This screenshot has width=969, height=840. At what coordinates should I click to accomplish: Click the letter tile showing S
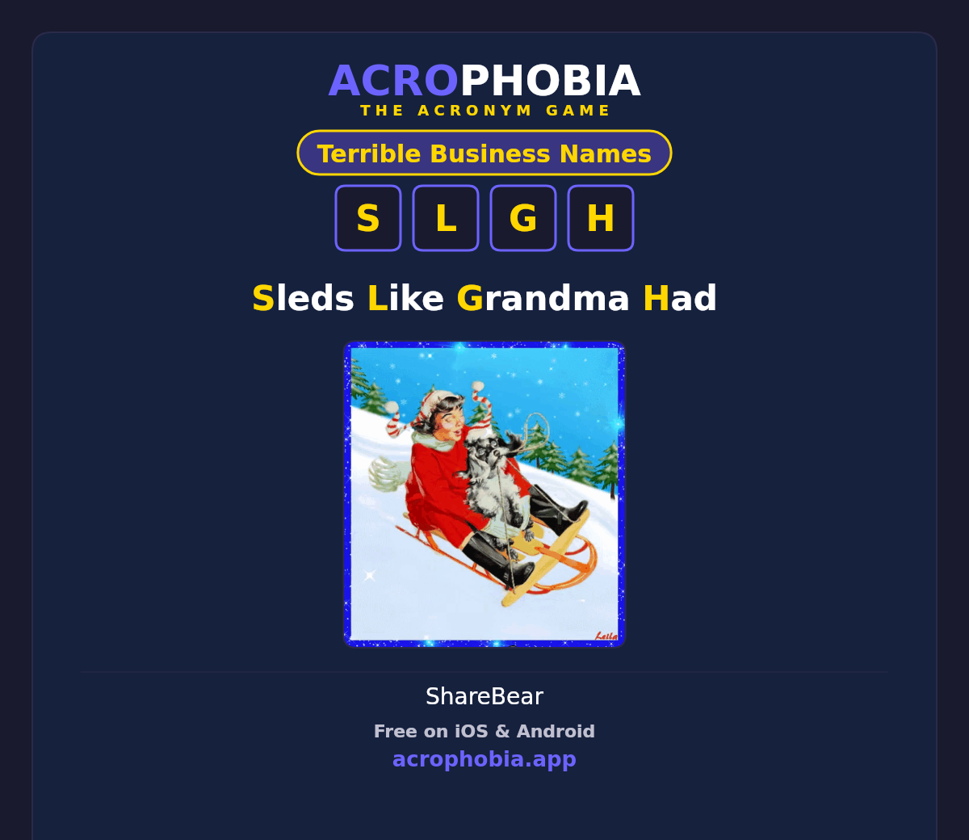coord(368,218)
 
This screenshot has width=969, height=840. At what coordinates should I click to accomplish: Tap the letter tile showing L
coord(446,218)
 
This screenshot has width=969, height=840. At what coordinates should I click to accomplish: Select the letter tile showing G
coord(523,218)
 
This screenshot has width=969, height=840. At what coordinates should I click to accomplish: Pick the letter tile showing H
coord(601,218)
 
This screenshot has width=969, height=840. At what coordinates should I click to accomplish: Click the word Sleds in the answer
coord(303,298)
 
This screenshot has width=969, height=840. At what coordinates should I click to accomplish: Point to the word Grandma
coord(543,298)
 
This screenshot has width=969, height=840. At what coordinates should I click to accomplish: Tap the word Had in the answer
coord(680,298)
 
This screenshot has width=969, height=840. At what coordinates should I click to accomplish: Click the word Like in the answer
coord(405,298)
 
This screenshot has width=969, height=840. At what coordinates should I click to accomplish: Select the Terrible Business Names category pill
coord(484,153)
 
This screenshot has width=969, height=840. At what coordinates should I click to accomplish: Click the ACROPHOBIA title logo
coord(484,81)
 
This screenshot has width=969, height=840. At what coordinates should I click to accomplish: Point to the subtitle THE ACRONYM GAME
coord(484,111)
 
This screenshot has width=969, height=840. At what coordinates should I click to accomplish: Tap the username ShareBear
coord(484,696)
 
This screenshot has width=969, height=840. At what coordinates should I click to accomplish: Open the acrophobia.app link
coord(484,759)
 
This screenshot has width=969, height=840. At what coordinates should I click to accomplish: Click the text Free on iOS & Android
coord(484,731)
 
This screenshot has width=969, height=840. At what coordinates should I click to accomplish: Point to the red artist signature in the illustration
coord(606,636)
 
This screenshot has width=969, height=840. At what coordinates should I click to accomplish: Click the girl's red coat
coord(441,493)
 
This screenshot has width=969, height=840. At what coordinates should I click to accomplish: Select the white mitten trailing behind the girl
coord(388,473)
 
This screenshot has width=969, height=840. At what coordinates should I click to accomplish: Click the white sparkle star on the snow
coord(371,575)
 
